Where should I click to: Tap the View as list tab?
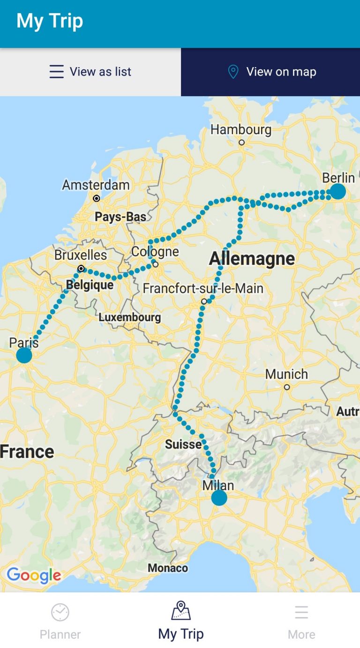pyautogui.click(x=90, y=72)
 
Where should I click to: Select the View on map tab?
pyautogui.click(x=270, y=72)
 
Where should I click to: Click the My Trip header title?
pyautogui.click(x=50, y=21)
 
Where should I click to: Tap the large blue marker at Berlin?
pyautogui.click(x=337, y=191)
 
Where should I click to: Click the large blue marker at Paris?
pyautogui.click(x=24, y=355)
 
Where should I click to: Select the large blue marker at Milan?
pyautogui.click(x=219, y=497)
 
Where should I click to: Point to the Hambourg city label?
pyautogui.click(x=240, y=129)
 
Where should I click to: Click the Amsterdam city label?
pyautogui.click(x=96, y=185)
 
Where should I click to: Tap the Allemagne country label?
pyautogui.click(x=252, y=258)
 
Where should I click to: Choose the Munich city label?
pyautogui.click(x=286, y=374)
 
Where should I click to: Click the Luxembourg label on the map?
pyautogui.click(x=129, y=317)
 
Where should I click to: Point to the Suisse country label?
pyautogui.click(x=183, y=444)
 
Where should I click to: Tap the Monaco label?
pyautogui.click(x=168, y=568)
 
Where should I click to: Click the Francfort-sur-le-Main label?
pyautogui.click(x=203, y=288)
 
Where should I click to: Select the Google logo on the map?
pyautogui.click(x=34, y=575)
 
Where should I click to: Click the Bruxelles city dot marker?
pyautogui.click(x=81, y=269)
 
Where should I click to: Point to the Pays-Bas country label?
pyautogui.click(x=120, y=217)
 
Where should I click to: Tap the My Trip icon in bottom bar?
pyautogui.click(x=181, y=611)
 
